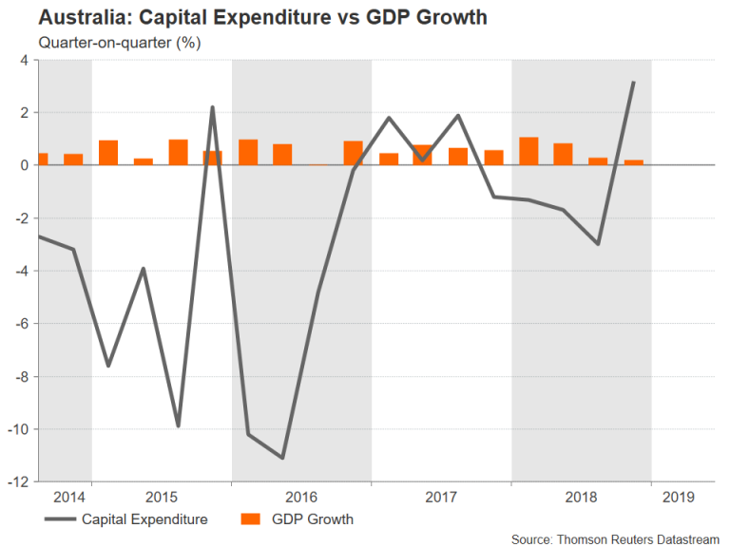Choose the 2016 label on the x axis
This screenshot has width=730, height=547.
click(301, 497)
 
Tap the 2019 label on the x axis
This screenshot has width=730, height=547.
click(679, 497)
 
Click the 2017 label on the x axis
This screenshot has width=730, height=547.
click(441, 497)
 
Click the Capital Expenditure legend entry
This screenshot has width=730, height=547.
click(144, 519)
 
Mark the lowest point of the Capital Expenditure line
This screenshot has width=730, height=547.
click(282, 458)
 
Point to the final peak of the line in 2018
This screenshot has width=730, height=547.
click(633, 83)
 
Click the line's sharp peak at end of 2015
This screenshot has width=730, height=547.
click(212, 107)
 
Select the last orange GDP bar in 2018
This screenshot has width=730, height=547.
click(633, 162)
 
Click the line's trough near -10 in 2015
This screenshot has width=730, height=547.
click(178, 425)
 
